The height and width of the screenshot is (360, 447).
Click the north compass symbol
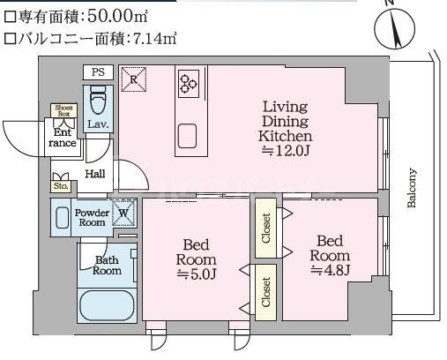point(394,28)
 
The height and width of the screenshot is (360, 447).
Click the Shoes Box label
point(63,110)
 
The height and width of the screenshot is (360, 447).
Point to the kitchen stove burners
point(189,83)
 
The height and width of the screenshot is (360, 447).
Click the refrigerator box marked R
point(133,79)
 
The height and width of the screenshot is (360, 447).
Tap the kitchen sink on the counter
point(187,135)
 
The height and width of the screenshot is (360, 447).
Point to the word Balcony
point(411,188)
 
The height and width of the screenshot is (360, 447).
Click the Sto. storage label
point(60,186)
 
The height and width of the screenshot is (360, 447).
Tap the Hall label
point(95,175)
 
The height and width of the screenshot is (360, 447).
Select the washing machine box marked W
point(124,213)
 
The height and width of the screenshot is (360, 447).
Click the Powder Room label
point(91,218)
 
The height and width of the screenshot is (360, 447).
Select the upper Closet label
point(265,227)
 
